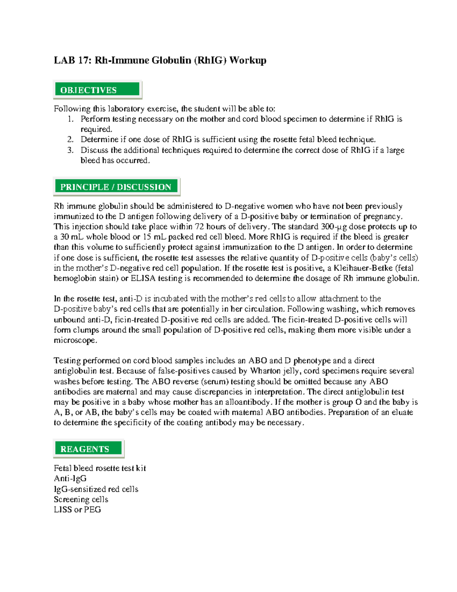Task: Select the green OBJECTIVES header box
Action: (x=97, y=90)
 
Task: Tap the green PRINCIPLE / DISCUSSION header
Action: (x=116, y=187)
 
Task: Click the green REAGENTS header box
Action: (x=88, y=449)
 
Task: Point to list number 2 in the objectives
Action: (x=70, y=140)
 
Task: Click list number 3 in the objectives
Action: (x=70, y=150)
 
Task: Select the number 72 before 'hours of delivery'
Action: (x=199, y=227)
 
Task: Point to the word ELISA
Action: (x=143, y=278)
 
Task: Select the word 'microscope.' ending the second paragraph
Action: (x=75, y=340)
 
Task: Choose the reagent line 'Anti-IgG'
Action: (x=70, y=478)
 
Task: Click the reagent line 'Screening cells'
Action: (x=81, y=499)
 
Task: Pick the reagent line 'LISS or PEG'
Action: (x=77, y=510)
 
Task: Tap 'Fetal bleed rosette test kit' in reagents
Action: (x=100, y=468)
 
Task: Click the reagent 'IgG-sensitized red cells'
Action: (x=96, y=489)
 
